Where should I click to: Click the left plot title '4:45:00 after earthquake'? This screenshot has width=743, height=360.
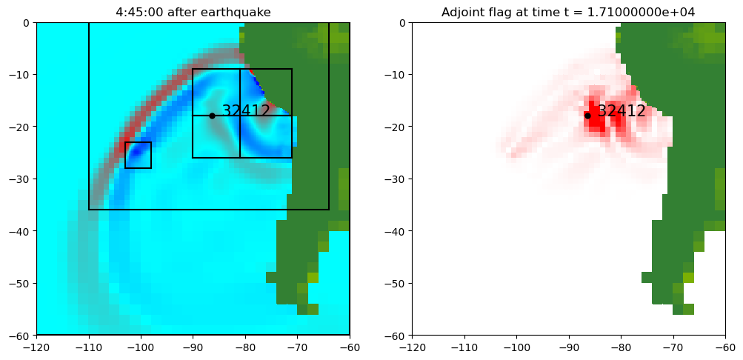coord(193,12)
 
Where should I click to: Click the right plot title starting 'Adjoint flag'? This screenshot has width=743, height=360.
coord(568,12)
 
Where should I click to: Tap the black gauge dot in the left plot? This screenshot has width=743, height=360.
coord(212,116)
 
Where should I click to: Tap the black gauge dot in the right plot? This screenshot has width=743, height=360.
coord(587,116)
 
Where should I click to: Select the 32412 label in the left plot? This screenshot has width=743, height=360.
coord(246,111)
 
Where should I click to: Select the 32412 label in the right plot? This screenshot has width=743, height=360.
coord(622,111)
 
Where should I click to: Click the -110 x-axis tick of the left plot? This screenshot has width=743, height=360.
coord(89,347)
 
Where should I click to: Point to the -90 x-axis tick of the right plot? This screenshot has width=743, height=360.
coord(568,347)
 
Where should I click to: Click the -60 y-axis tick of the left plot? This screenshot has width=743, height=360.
coord(21,336)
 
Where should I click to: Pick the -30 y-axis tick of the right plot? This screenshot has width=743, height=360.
coord(396,179)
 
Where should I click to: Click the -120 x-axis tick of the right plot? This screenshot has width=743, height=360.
coord(412,347)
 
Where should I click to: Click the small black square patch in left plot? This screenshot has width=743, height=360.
coord(138,155)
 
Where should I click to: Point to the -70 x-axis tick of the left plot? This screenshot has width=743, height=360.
coord(297,347)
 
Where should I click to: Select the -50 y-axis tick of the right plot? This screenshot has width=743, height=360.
coord(396,283)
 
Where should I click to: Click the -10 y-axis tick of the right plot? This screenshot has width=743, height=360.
coord(396,74)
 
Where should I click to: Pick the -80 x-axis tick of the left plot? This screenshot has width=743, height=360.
coord(245,347)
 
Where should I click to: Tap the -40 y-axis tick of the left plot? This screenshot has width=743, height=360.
coord(21,231)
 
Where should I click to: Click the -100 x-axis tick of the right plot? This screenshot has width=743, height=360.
coord(516,347)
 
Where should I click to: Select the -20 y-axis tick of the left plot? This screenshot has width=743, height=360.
coord(21,127)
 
